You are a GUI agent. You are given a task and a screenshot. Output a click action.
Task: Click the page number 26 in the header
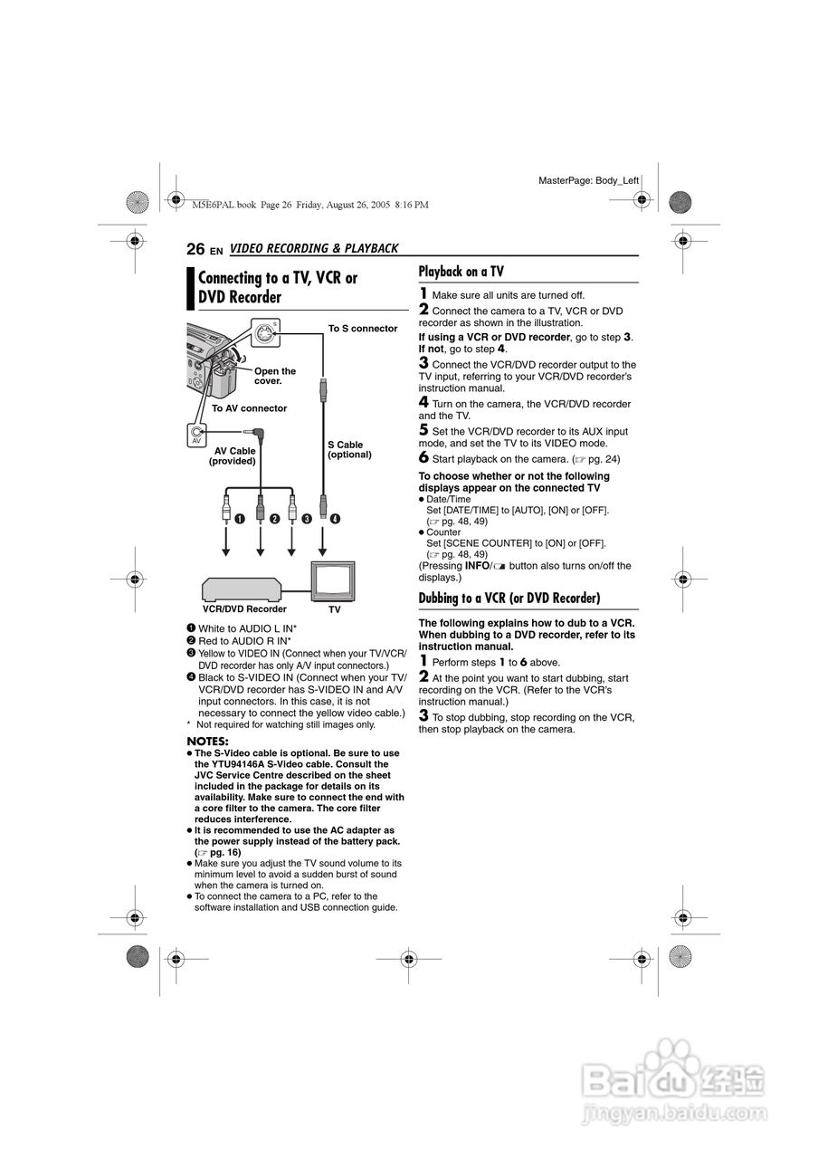click(195, 249)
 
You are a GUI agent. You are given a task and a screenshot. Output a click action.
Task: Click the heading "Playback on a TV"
click(461, 271)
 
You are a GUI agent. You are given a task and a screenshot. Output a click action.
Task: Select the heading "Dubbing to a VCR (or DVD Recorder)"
click(509, 598)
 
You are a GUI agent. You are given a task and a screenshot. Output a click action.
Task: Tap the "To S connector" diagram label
click(362, 329)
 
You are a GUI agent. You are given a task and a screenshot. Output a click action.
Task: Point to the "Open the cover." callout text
click(275, 376)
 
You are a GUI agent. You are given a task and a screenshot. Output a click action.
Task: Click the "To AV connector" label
click(249, 408)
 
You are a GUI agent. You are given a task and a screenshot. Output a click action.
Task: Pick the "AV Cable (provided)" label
click(233, 455)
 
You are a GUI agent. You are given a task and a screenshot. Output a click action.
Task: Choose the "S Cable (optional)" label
click(349, 449)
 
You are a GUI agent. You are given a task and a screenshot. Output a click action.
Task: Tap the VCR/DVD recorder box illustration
click(242, 588)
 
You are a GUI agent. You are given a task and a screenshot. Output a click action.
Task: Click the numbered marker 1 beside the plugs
click(240, 519)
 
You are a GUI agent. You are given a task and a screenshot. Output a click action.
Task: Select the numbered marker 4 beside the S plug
click(336, 519)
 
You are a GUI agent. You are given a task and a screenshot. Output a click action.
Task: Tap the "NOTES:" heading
click(207, 742)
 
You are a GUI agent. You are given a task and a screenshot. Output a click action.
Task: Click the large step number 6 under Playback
click(423, 458)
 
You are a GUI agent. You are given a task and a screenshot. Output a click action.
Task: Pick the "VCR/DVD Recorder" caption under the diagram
click(243, 609)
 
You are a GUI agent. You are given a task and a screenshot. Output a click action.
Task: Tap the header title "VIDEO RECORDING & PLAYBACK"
click(314, 249)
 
